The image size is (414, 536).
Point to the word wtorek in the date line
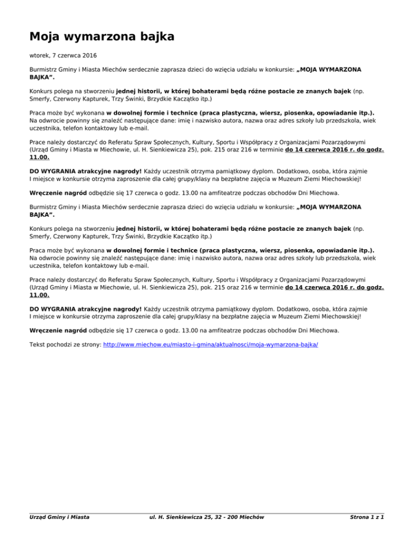(39, 55)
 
